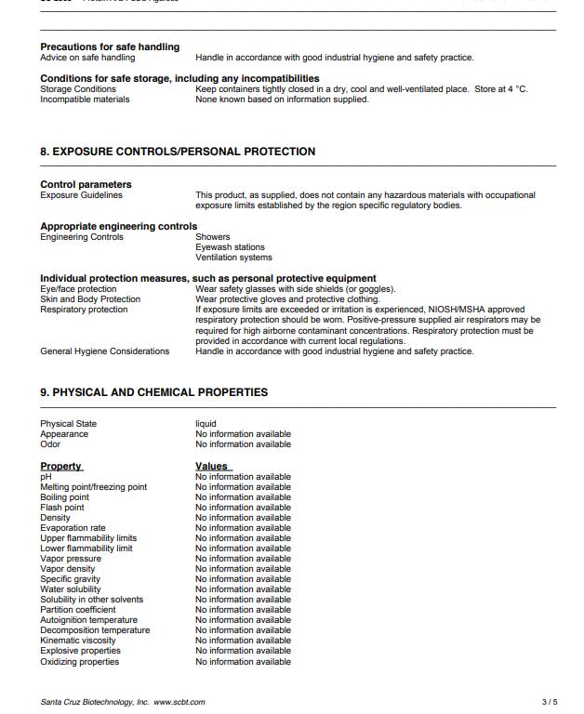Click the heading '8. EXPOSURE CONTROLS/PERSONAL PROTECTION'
(178, 152)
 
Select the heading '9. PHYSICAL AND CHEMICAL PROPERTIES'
(153, 392)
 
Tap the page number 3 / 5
(550, 702)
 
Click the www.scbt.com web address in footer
(179, 702)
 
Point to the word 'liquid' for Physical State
(206, 424)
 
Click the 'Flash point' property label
(61, 508)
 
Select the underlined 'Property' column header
(60, 466)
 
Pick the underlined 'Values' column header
(212, 466)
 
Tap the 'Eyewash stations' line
(230, 247)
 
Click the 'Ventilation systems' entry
(233, 258)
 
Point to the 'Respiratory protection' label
(84, 310)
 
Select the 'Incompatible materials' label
(85, 99)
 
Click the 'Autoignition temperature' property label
(88, 620)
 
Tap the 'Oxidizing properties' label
(79, 662)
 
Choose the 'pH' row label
(46, 477)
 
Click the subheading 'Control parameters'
(86, 184)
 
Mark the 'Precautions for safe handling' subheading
(110, 46)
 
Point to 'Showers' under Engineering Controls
(213, 237)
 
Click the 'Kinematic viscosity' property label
(78, 641)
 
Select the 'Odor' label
(50, 444)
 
